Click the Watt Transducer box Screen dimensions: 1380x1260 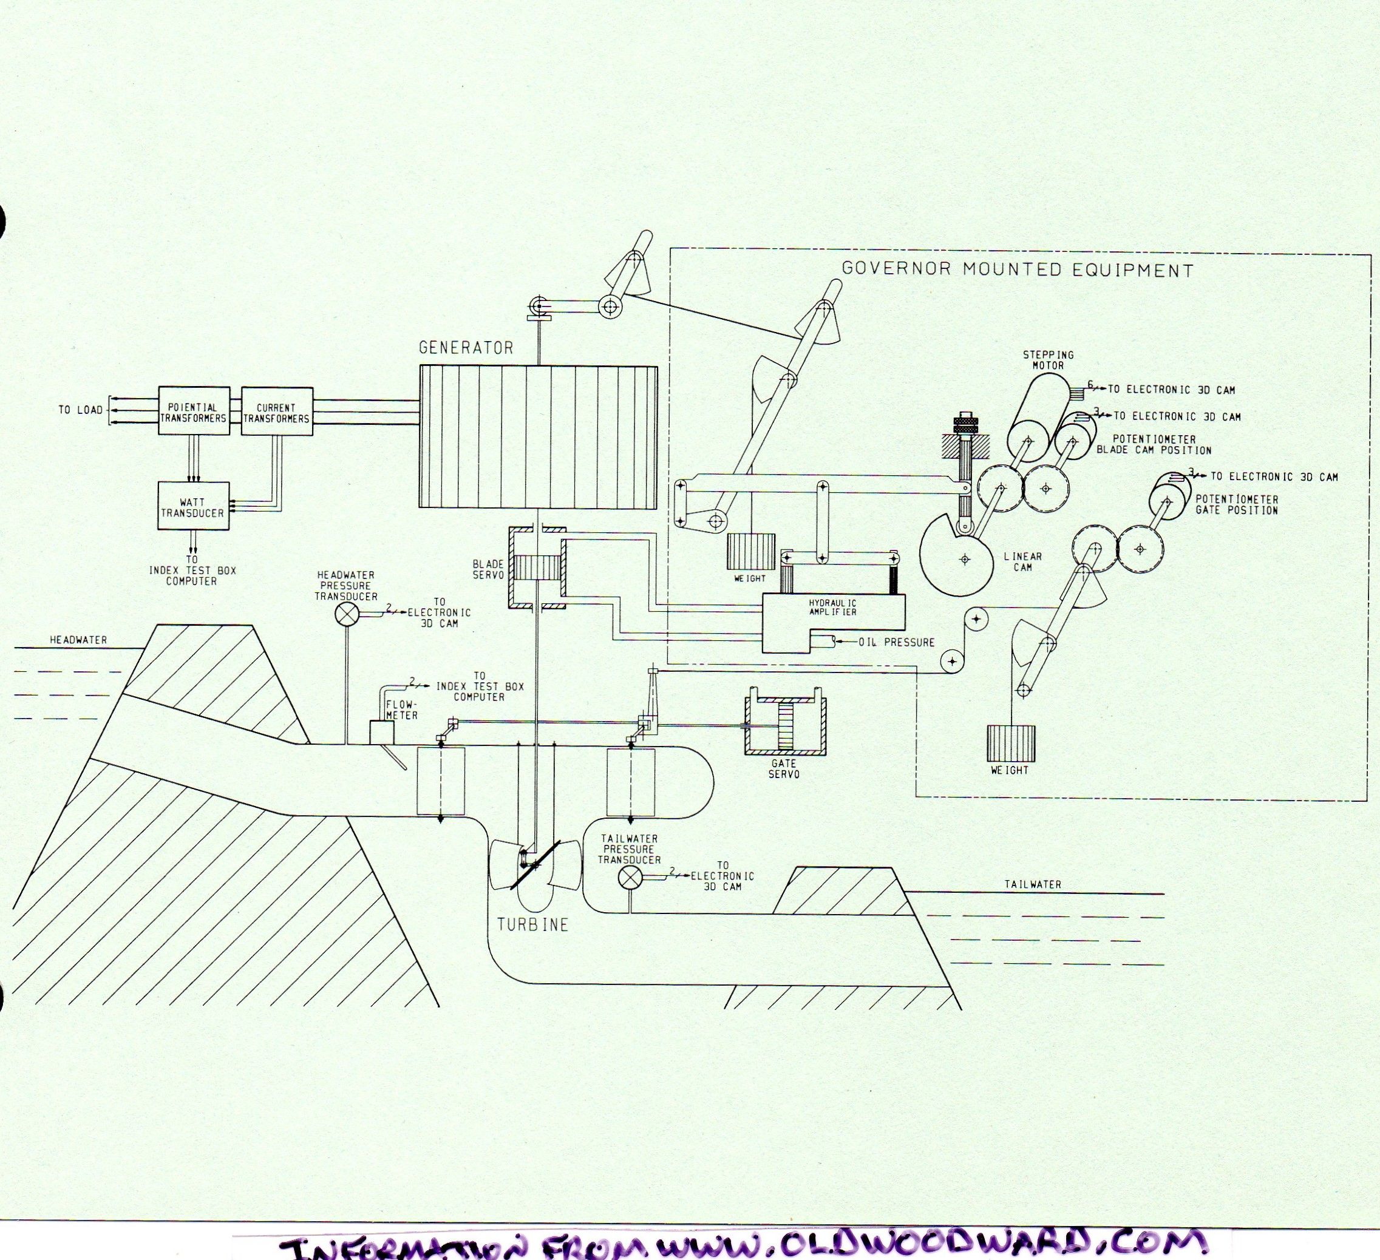(193, 506)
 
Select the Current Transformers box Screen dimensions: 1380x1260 (277, 412)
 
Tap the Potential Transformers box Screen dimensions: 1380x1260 (194, 411)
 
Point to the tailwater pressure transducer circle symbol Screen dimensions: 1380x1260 (628, 877)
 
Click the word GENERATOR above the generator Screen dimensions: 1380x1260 (466, 348)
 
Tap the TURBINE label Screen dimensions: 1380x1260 (532, 924)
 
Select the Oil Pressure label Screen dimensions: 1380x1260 (897, 642)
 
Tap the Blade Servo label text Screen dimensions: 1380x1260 (488, 569)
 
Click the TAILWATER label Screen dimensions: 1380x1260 (1033, 884)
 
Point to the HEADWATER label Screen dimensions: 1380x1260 (79, 639)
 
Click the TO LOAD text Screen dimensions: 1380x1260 (80, 410)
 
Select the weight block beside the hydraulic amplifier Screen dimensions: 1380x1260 (750, 551)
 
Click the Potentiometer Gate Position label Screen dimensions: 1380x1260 (1236, 504)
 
